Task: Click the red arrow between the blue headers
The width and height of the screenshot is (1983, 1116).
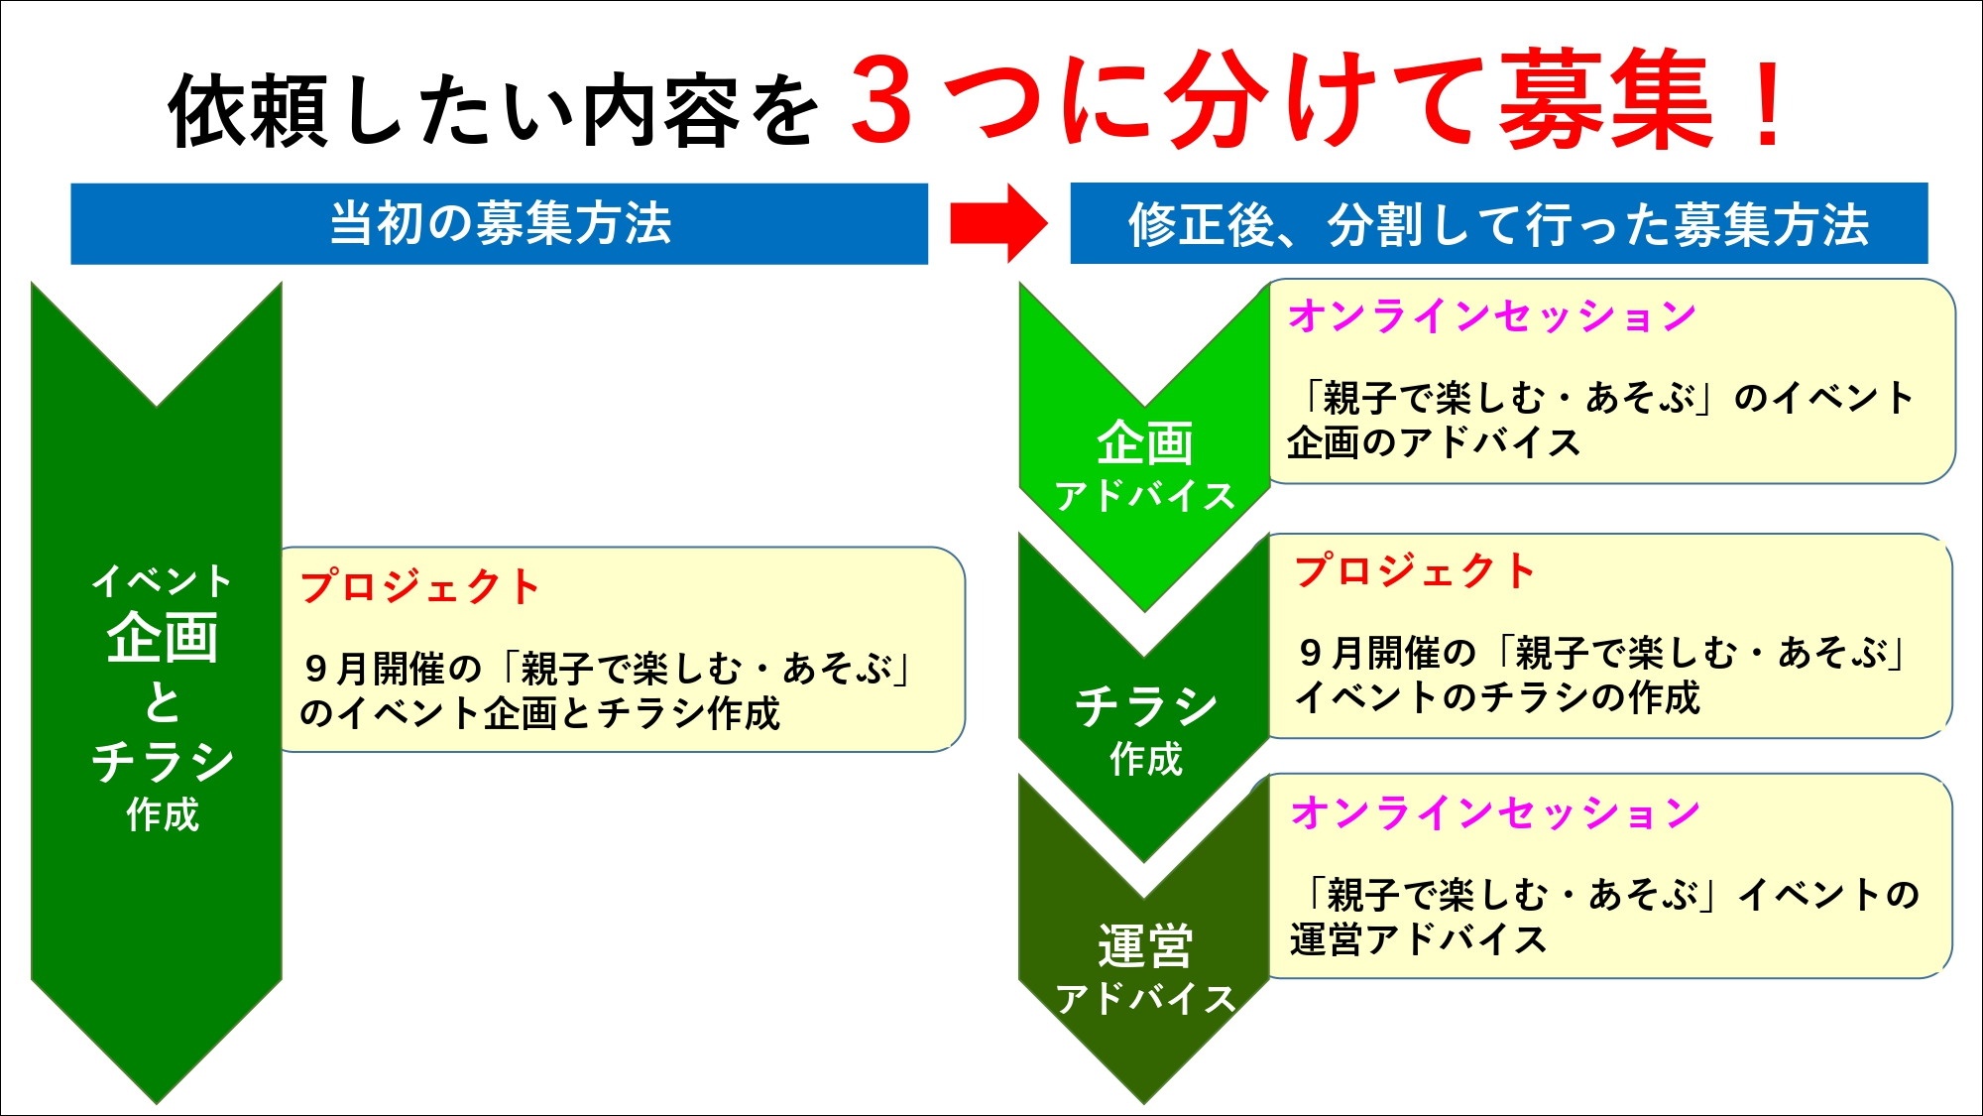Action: click(x=998, y=223)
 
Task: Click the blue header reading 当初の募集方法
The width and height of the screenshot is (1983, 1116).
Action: click(x=500, y=223)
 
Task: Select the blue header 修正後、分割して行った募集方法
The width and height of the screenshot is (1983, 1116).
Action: click(x=1499, y=223)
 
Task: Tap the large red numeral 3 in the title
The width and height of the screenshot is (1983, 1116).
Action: click(x=880, y=99)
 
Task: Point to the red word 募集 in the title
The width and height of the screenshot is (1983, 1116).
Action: click(x=1605, y=100)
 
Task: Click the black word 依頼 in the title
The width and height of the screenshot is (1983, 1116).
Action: click(x=249, y=111)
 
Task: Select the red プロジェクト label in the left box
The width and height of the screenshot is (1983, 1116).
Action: click(x=420, y=587)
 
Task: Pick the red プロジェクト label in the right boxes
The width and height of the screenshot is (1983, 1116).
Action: click(x=1415, y=571)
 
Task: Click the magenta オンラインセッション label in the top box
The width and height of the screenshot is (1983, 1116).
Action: click(x=1492, y=316)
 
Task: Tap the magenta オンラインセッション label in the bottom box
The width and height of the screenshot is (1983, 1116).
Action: click(x=1495, y=813)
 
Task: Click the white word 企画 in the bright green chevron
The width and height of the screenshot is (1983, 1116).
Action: click(x=1145, y=443)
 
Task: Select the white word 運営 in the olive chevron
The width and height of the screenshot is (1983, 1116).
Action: click(x=1145, y=946)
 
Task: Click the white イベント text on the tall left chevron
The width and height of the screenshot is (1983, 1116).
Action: click(x=162, y=581)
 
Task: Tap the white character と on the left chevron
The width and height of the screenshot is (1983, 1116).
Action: click(x=163, y=702)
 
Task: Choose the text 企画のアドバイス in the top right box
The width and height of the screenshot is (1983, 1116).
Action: click(x=1434, y=442)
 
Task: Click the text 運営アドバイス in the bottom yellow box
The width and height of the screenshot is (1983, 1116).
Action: click(x=1419, y=939)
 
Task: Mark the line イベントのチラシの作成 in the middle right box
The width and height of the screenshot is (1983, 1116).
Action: click(x=1497, y=697)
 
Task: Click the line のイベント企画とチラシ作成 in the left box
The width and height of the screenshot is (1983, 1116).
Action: click(x=540, y=713)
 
